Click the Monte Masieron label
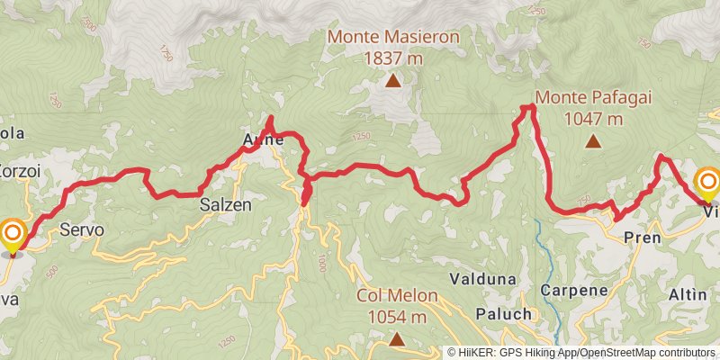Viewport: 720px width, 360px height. [393, 38]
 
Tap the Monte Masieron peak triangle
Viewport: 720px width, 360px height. [392, 81]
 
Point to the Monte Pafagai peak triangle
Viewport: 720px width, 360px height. [593, 140]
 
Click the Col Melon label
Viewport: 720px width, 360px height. [397, 295]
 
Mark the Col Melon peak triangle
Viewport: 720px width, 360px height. [396, 338]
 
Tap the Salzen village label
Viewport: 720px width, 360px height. [225, 205]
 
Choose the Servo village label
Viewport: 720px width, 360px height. [82, 230]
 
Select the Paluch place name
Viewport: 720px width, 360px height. [497, 313]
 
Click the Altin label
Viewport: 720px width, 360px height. [688, 294]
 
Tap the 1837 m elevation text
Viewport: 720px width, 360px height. [393, 58]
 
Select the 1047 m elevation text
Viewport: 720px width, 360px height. [593, 118]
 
